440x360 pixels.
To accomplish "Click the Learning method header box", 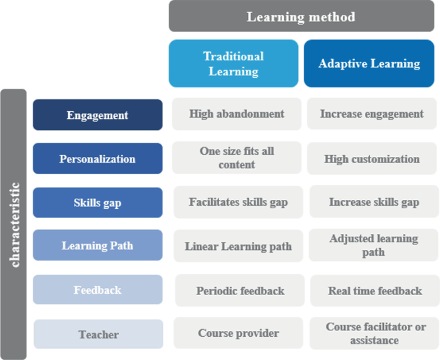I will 301,16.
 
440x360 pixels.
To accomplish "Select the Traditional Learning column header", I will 234,64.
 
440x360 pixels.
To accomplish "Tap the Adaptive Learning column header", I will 369,64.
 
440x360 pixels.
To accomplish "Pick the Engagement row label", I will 98,115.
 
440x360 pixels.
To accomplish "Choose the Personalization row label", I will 98,159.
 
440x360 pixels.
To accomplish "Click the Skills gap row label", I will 98,203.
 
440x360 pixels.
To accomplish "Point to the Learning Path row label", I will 98,246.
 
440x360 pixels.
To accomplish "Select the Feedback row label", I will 98,290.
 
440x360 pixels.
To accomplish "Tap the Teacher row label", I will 98,334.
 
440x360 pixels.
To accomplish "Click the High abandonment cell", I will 236,114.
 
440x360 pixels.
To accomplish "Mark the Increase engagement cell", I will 372,114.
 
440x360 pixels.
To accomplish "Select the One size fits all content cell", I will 236,158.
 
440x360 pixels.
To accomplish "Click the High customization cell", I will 372,159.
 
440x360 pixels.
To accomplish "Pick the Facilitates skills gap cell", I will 238,202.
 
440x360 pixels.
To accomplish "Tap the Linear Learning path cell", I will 238,246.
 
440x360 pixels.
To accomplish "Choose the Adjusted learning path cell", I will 373,245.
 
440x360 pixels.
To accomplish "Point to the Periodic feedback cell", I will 240,291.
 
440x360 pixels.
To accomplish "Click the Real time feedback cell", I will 375,291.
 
